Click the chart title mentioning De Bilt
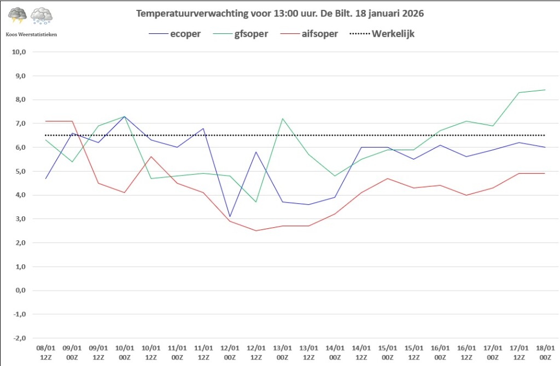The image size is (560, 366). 279,13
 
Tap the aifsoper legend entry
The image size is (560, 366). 319,34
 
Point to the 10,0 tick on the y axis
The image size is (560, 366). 20,52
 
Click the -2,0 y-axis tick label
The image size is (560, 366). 20,338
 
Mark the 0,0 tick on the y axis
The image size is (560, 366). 21,291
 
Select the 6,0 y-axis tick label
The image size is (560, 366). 21,147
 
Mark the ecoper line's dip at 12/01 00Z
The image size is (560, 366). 230,216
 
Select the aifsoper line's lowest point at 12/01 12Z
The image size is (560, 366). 256,231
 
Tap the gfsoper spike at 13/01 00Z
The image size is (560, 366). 282,119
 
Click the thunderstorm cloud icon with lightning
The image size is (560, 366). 17,16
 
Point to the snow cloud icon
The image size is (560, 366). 42,16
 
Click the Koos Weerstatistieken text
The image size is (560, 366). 31,34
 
